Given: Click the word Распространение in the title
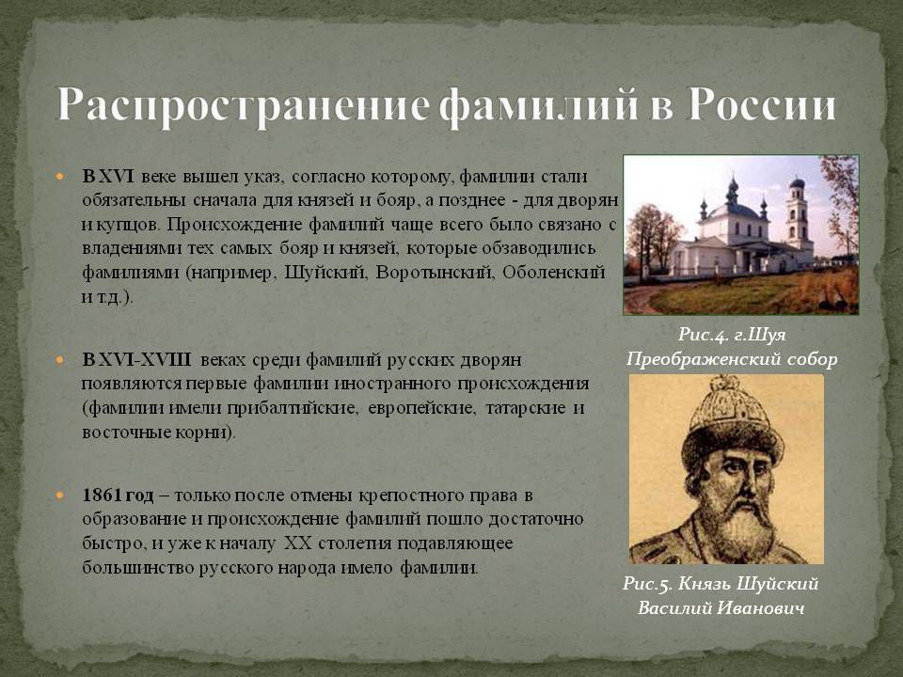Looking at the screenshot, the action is click(243, 106).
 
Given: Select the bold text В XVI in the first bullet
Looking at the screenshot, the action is click(108, 176).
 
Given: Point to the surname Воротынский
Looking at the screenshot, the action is click(435, 273).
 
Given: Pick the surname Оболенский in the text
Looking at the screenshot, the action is click(554, 272).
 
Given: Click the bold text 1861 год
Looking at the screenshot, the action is click(119, 496).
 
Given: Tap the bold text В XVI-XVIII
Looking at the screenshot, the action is click(136, 360).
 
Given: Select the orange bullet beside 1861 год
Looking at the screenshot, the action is click(59, 496).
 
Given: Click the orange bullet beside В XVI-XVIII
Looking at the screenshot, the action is click(59, 360).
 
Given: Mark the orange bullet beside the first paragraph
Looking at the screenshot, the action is click(59, 176).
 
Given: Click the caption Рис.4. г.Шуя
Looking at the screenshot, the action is click(732, 335).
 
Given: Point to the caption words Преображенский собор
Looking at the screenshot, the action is click(732, 359).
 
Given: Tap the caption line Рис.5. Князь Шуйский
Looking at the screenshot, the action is click(721, 584).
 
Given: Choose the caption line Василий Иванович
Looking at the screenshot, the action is click(721, 608).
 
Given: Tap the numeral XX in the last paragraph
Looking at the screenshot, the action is click(297, 543).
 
